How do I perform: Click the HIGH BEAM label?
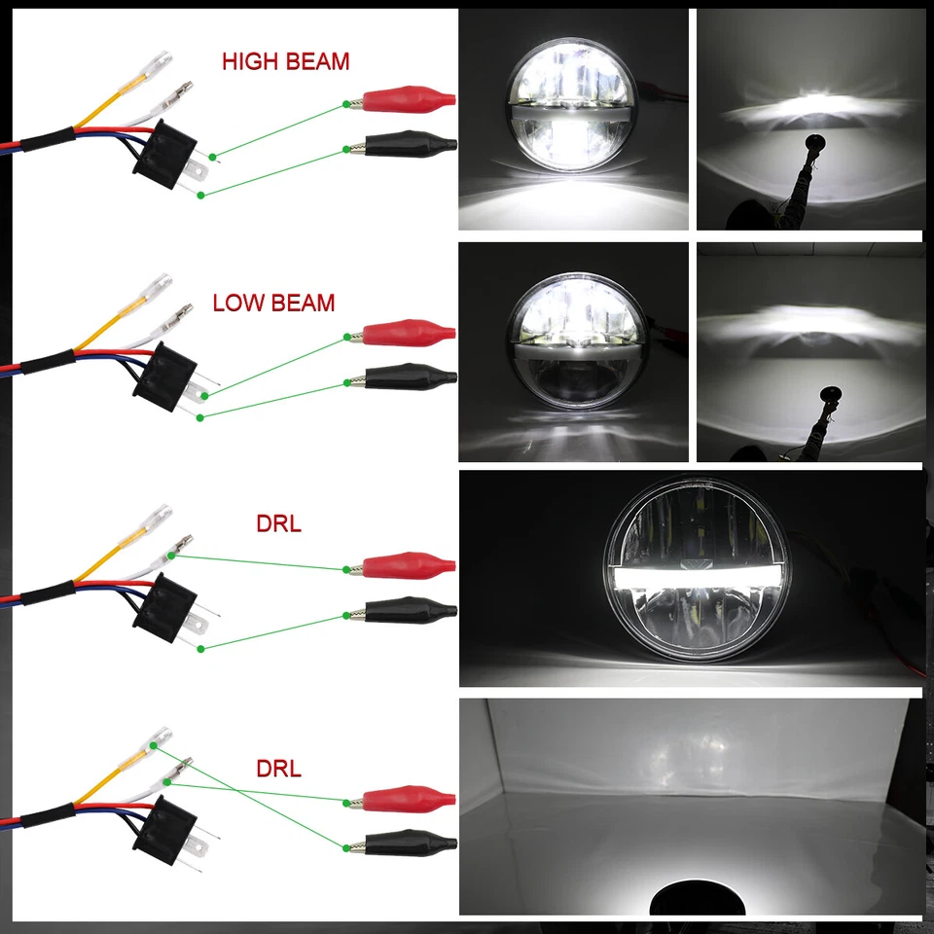(285, 61)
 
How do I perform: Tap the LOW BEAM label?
(273, 303)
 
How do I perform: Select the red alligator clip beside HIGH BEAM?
(407, 99)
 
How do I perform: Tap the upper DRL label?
(278, 524)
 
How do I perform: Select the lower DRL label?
(278, 769)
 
